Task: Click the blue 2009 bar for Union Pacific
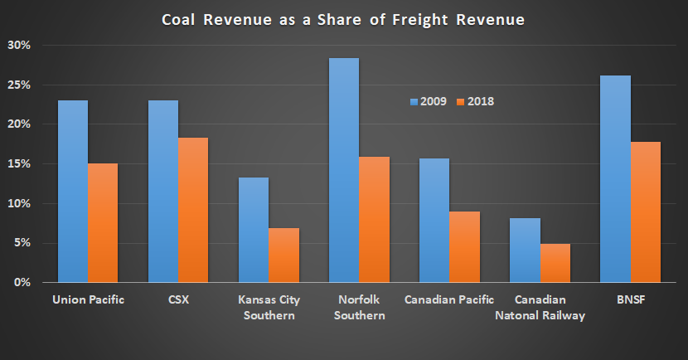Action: point(73,192)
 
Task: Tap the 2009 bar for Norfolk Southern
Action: point(344,170)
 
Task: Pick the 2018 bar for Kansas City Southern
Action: point(283,255)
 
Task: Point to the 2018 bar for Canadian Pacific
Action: point(464,247)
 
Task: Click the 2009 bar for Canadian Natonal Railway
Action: point(525,251)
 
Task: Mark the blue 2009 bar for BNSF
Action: point(615,179)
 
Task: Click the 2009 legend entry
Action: point(429,101)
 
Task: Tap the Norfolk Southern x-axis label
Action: point(359,307)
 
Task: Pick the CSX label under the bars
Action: point(178,299)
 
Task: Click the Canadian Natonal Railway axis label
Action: point(540,307)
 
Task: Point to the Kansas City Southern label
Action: point(269,307)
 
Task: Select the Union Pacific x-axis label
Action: point(88,299)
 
